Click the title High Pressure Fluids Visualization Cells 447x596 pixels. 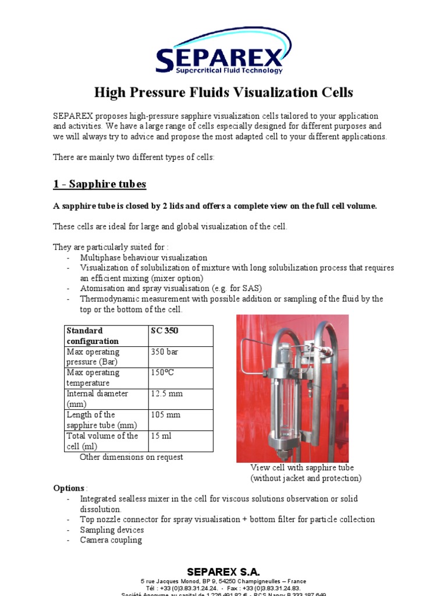click(x=223, y=92)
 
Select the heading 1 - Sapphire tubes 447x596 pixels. click(x=100, y=185)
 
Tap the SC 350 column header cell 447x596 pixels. click(x=180, y=336)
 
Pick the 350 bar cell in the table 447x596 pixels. click(x=180, y=357)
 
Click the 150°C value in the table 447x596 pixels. click(x=180, y=378)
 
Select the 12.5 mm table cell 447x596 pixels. click(x=180, y=399)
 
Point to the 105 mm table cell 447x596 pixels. click(x=180, y=420)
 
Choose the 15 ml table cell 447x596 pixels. click(x=180, y=441)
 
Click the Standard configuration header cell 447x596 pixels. click(x=106, y=336)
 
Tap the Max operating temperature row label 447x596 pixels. click(x=106, y=378)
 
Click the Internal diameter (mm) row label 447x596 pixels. click(x=106, y=399)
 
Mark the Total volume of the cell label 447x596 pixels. click(x=106, y=441)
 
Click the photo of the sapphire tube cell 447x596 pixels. click(x=292, y=388)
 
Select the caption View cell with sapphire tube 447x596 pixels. click(x=302, y=467)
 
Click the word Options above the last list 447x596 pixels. click(x=69, y=488)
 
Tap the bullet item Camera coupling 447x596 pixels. click(x=111, y=540)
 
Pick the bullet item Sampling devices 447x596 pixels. click(x=112, y=530)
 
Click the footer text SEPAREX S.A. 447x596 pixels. click(x=223, y=572)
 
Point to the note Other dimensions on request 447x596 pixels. click(x=131, y=457)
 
